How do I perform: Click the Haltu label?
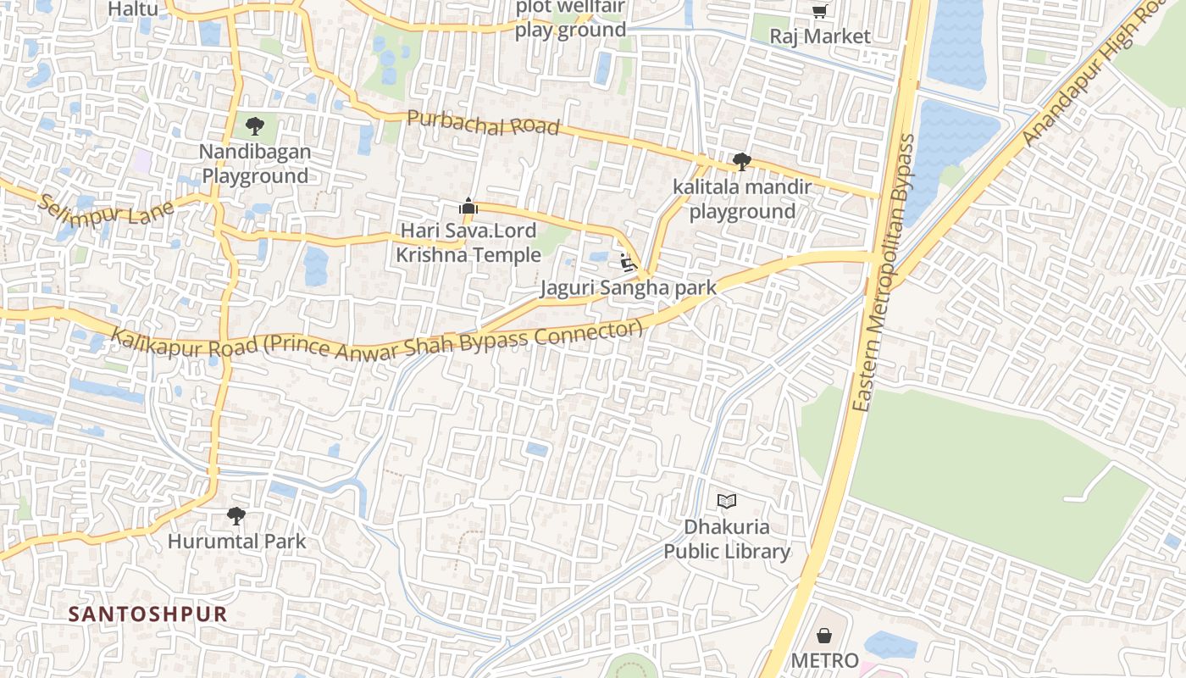[x=134, y=9]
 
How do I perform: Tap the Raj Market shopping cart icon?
[x=819, y=11]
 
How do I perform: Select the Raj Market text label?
[x=819, y=36]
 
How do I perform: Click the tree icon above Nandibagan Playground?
[x=254, y=127]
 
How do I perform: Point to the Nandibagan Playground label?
[x=255, y=164]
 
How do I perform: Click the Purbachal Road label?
[x=483, y=123]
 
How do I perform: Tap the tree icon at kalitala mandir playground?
[x=741, y=161]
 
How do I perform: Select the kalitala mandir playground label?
[x=742, y=198]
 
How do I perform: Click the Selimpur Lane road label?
[x=106, y=209]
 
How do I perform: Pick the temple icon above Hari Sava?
[x=468, y=206]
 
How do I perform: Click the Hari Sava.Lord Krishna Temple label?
[x=468, y=242]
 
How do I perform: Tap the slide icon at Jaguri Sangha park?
[x=628, y=263]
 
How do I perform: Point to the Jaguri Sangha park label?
[x=629, y=288]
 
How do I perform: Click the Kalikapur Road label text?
[x=377, y=341]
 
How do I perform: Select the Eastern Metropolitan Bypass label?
[x=884, y=273]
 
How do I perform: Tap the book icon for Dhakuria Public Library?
[x=726, y=501]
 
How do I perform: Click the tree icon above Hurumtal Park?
[x=236, y=515]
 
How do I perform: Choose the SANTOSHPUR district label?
[x=147, y=614]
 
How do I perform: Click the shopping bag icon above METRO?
[x=823, y=636]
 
